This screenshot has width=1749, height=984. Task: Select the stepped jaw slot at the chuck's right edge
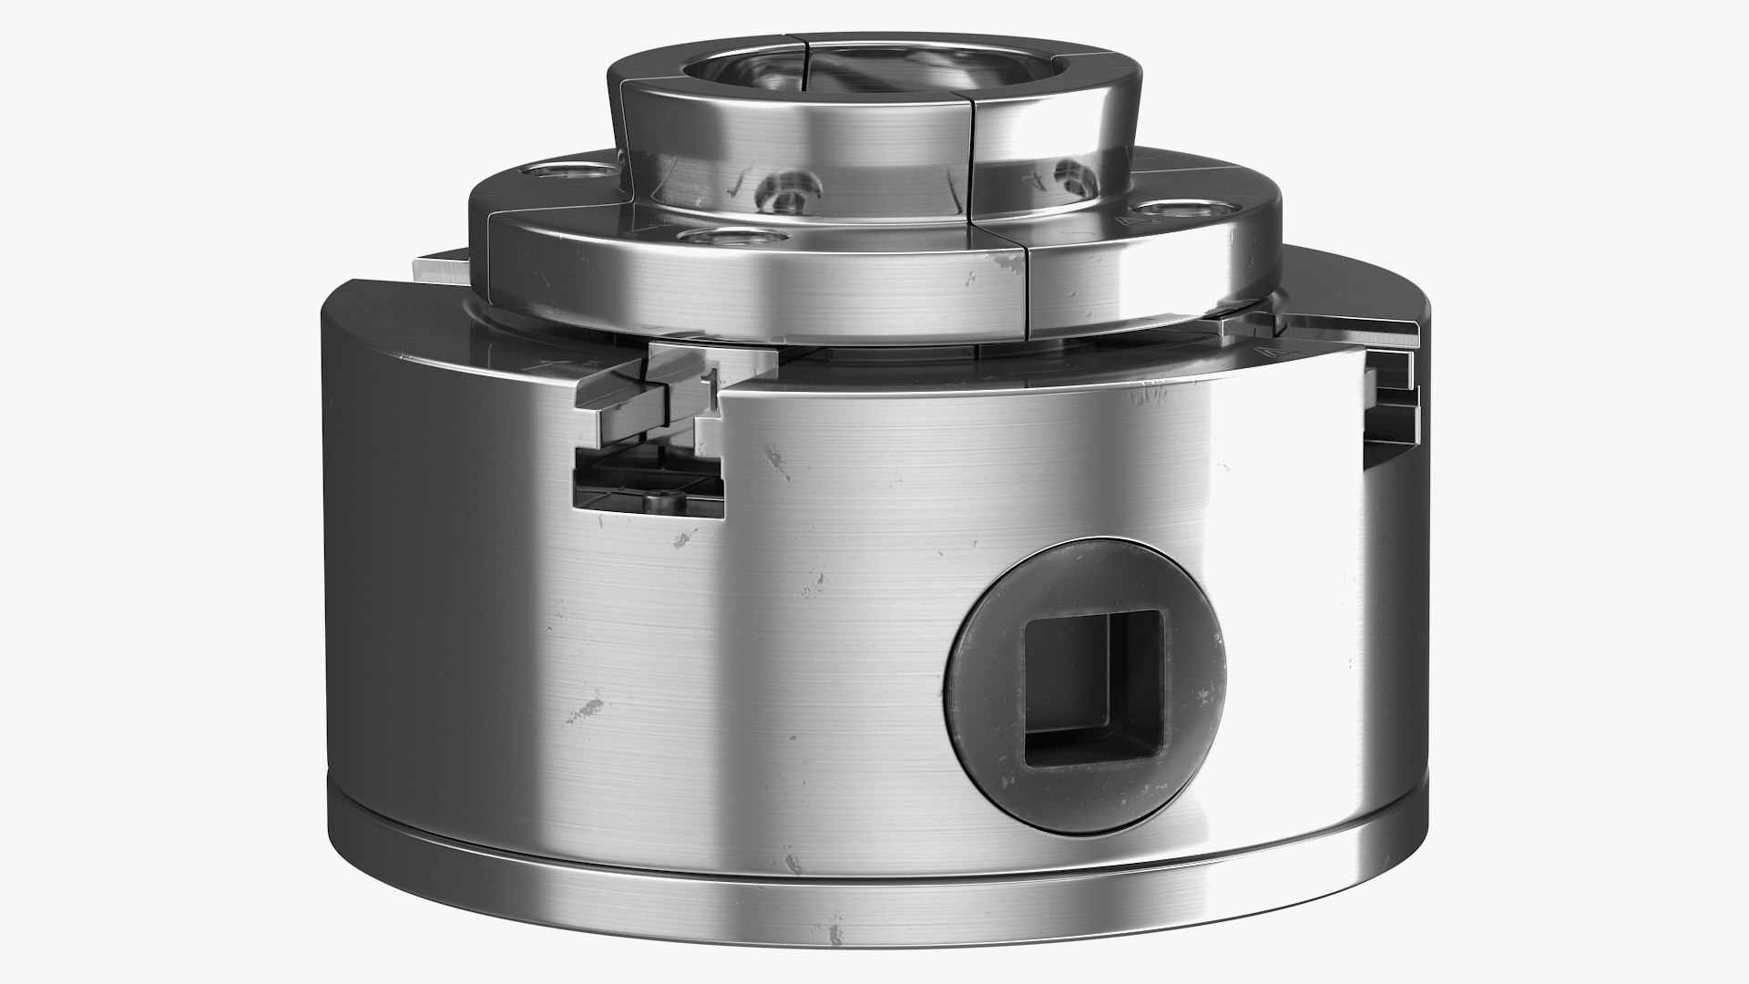[1389, 401]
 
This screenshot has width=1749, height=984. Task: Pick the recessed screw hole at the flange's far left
[558, 170]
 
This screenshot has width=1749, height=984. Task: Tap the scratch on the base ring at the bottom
[830, 936]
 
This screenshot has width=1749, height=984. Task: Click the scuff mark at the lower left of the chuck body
[587, 708]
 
